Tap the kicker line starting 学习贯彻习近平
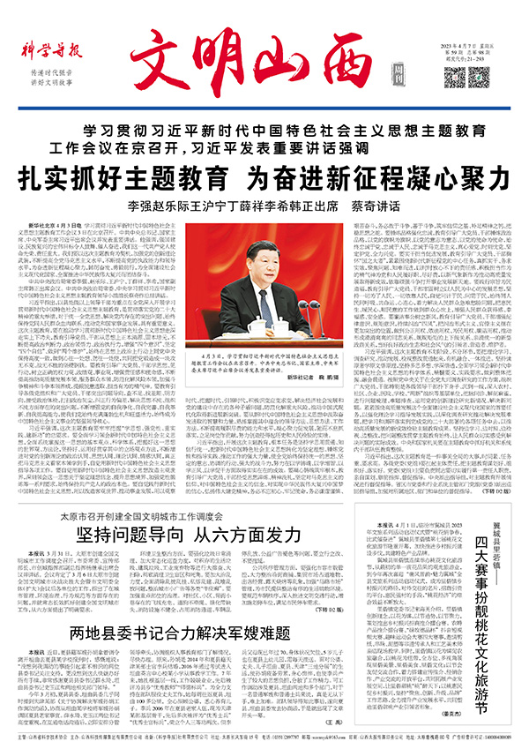264,131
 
